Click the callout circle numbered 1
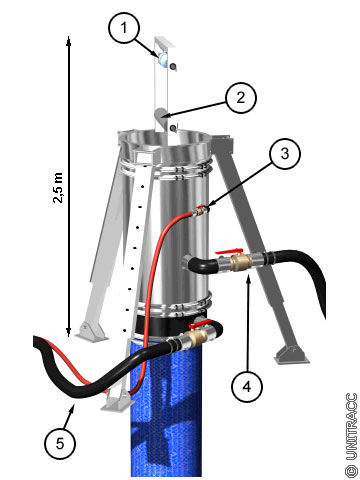coord(124,27)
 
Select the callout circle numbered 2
coord(241,98)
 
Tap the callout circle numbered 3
coord(285,154)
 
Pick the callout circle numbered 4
coord(247,386)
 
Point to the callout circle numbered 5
coord(60,443)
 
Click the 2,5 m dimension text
coord(58,188)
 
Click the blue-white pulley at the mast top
coord(163,59)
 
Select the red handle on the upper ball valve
coord(229,252)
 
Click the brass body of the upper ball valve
coord(239,260)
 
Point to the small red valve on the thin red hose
coord(200,211)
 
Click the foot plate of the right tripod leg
coord(291,354)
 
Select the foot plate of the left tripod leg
coord(91,332)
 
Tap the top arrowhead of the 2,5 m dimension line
coord(68,40)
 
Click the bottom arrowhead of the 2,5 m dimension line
coord(68,332)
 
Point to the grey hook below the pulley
coord(162,117)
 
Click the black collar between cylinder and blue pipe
coord(173,323)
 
